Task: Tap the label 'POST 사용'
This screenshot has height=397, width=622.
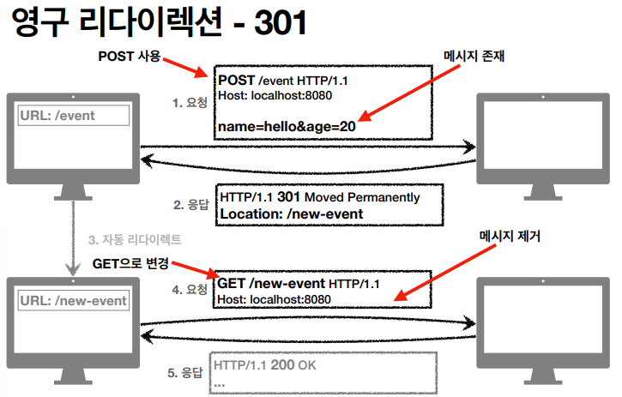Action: click(x=129, y=58)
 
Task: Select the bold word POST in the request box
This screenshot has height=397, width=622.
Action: click(x=237, y=80)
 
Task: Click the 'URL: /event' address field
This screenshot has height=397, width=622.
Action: click(x=74, y=116)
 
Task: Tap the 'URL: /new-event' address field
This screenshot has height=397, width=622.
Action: click(x=74, y=301)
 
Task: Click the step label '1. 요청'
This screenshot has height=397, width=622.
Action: click(x=190, y=103)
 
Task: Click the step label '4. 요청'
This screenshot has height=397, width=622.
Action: click(x=190, y=290)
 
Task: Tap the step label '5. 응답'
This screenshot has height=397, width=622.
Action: click(x=185, y=373)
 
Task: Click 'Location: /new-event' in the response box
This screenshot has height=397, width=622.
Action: click(x=292, y=214)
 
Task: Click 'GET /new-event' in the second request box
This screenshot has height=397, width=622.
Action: click(x=271, y=283)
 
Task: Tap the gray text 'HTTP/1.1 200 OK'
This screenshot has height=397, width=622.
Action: click(x=266, y=365)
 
